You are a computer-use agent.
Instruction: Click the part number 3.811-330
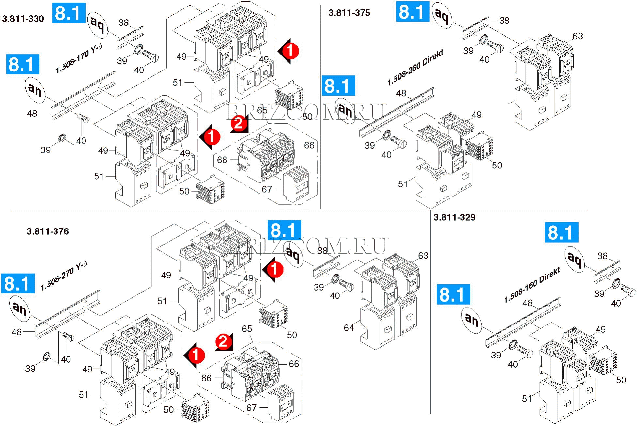(23, 19)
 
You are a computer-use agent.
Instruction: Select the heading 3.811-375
(349, 13)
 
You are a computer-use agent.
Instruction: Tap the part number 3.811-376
(48, 231)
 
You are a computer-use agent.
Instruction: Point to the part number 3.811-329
(454, 217)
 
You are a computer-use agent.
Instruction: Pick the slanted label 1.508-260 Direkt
(415, 68)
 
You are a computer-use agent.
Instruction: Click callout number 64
(349, 327)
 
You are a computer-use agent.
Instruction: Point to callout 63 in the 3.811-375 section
(577, 36)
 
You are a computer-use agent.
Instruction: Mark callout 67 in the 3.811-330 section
(267, 189)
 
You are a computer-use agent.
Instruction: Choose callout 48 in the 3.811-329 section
(527, 303)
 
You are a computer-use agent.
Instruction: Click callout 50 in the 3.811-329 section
(621, 380)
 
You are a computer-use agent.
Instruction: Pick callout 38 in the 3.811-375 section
(504, 20)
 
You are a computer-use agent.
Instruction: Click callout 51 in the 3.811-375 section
(403, 184)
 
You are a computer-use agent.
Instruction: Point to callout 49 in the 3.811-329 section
(600, 329)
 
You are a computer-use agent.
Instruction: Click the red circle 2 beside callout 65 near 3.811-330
(239, 123)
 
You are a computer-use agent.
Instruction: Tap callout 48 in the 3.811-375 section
(401, 93)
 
